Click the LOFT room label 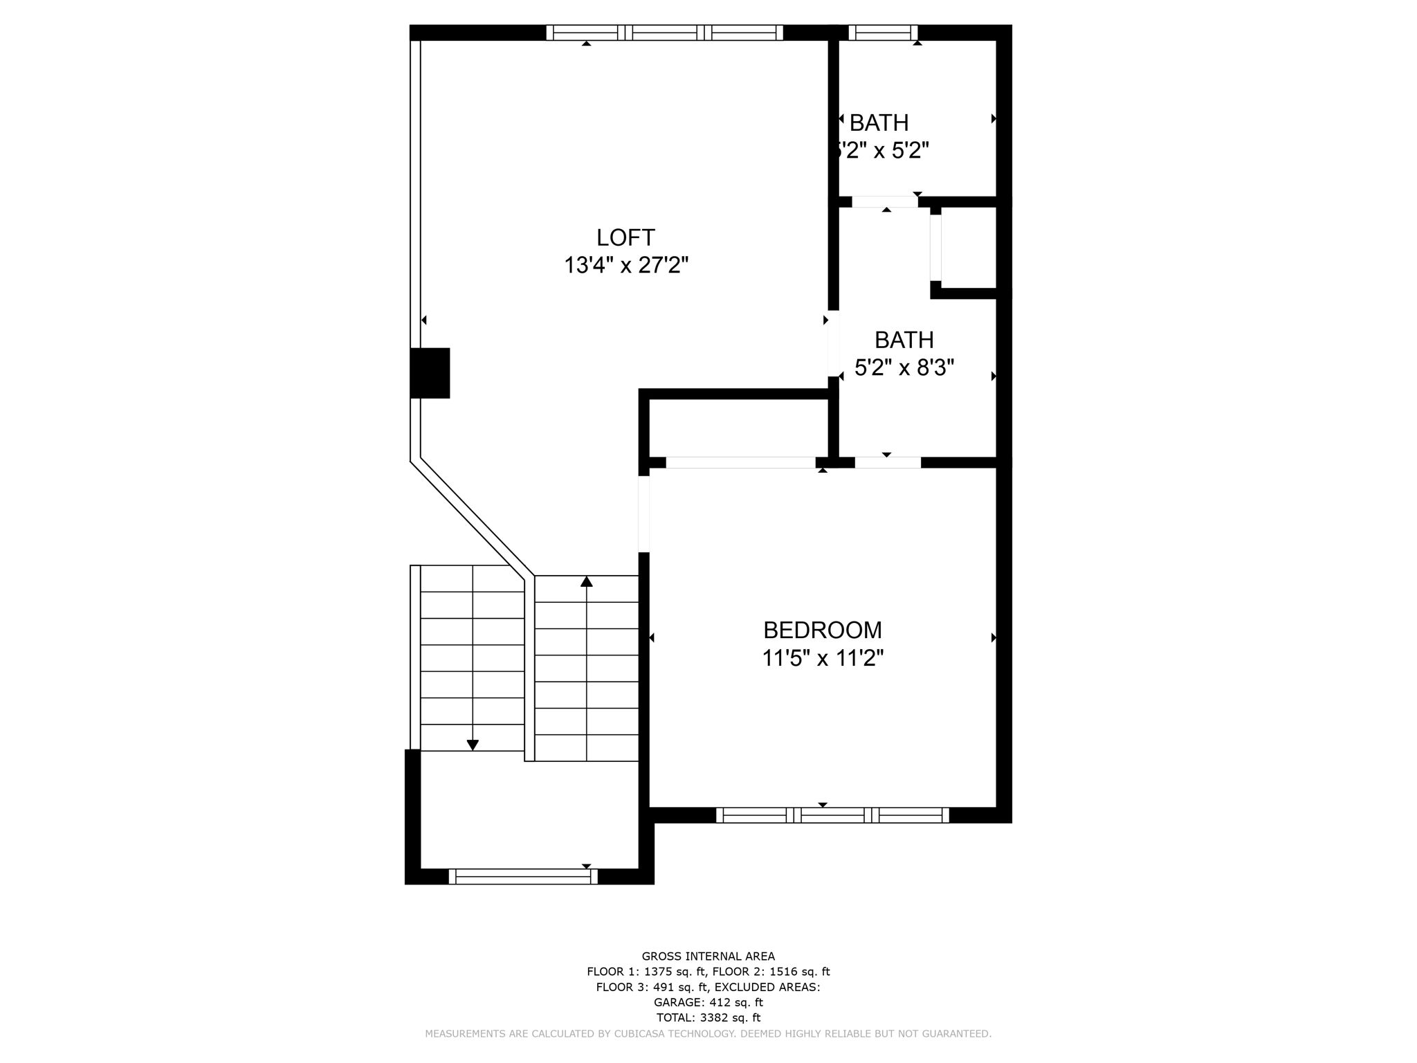(x=625, y=237)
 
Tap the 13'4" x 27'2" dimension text (x=626, y=265)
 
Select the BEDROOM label (x=823, y=630)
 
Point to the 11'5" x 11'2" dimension (x=823, y=657)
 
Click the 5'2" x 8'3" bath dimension (x=904, y=367)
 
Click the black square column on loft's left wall (x=430, y=373)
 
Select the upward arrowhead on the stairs (x=587, y=581)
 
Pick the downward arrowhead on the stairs (x=473, y=745)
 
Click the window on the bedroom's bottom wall (x=832, y=815)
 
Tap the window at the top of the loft (x=664, y=33)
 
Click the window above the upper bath (x=883, y=33)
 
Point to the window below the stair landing (x=523, y=876)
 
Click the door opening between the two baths (x=885, y=202)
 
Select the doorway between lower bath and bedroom (x=888, y=462)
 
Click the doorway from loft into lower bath (x=834, y=343)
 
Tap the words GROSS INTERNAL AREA (x=708, y=956)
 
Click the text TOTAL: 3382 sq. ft (x=708, y=1017)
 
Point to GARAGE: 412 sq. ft (x=708, y=1002)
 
